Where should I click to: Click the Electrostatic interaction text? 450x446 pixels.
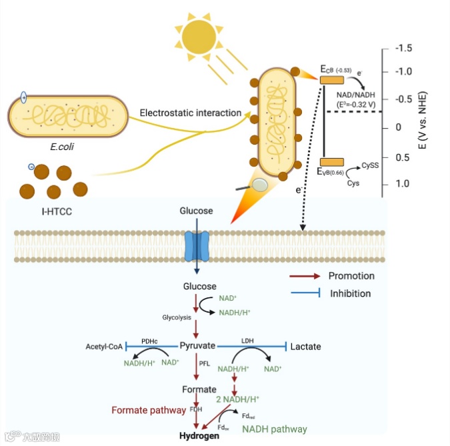pyautogui.click(x=190, y=113)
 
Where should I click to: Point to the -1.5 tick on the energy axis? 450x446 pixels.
pyautogui.click(x=404, y=49)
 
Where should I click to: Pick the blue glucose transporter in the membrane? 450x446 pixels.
pyautogui.click(x=197, y=247)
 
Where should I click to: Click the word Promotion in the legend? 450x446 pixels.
pyautogui.click(x=351, y=276)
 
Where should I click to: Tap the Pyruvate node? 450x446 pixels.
pyautogui.click(x=197, y=346)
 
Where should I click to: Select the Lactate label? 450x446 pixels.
pyautogui.click(x=306, y=347)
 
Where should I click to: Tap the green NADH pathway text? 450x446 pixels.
pyautogui.click(x=274, y=429)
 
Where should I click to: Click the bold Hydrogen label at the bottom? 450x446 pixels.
pyautogui.click(x=199, y=436)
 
